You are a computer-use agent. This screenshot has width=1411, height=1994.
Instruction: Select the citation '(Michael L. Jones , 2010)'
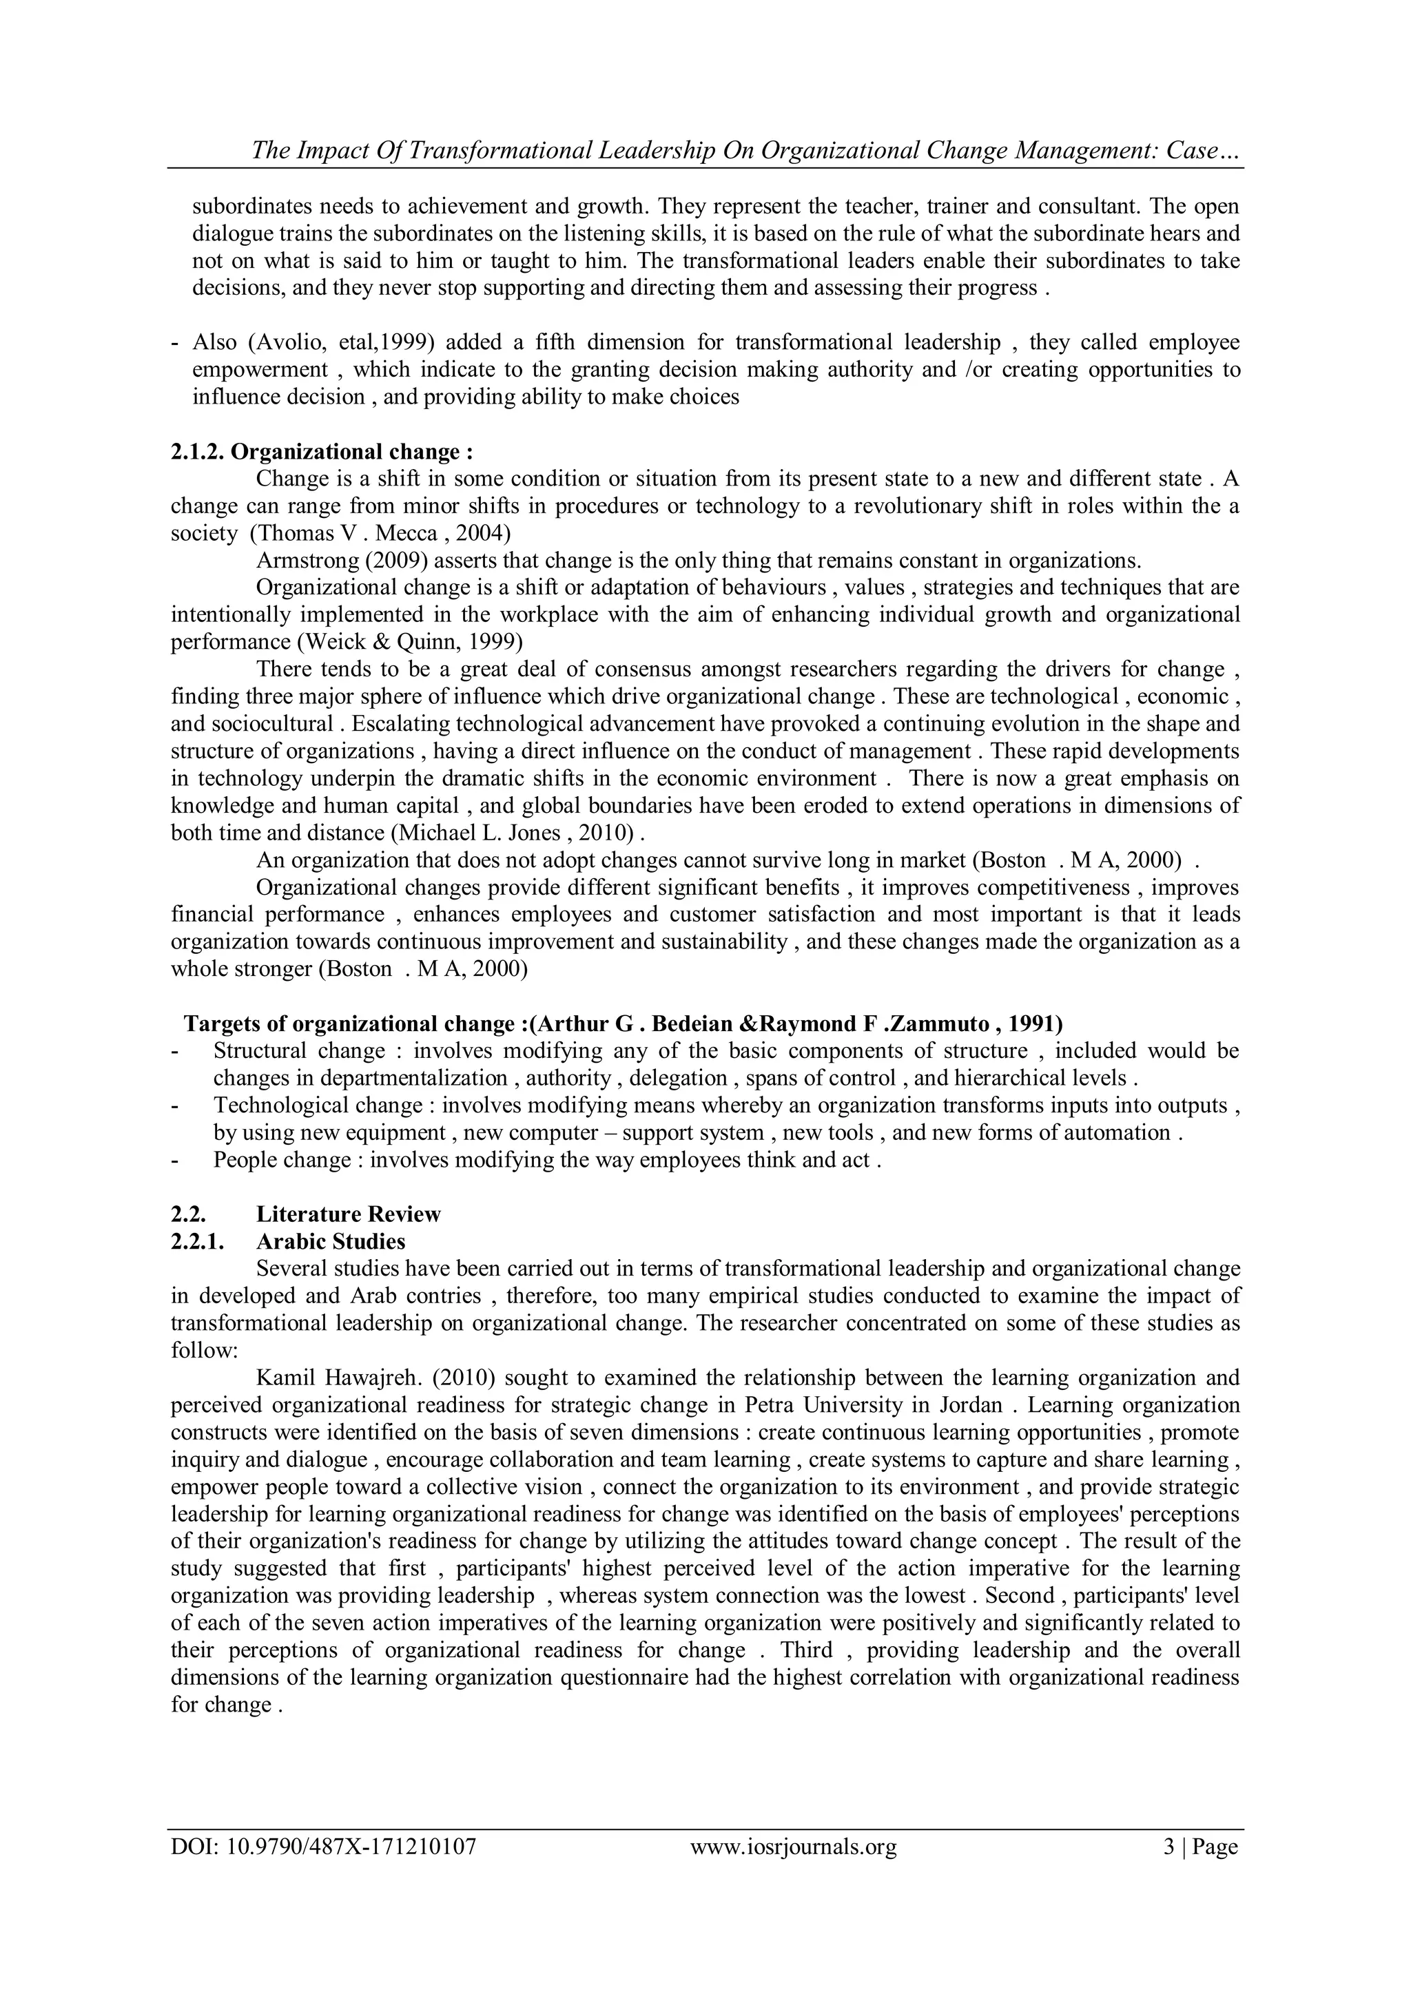tap(515, 833)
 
